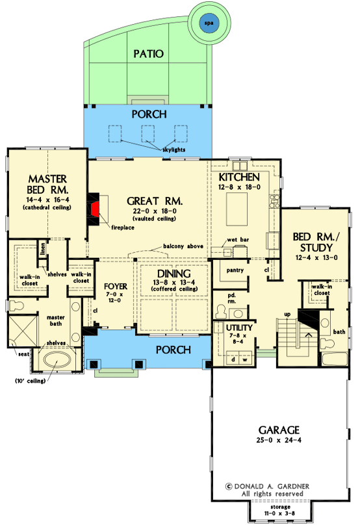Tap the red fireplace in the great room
point(95,209)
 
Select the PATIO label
point(148,53)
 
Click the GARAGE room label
point(279,430)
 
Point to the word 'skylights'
point(174,149)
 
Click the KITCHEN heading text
point(239,177)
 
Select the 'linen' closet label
point(42,248)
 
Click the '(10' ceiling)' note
point(27,381)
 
